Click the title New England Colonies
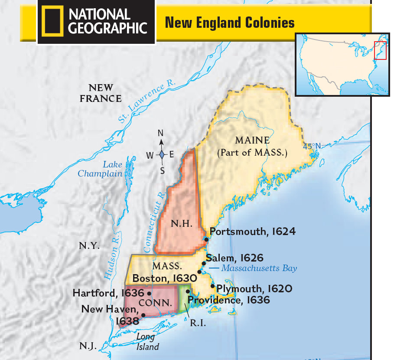[230, 22]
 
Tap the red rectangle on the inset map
[380, 50]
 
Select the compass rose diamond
[161, 155]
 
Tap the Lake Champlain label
[100, 169]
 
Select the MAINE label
[252, 141]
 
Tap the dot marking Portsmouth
[207, 239]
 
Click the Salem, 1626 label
[234, 258]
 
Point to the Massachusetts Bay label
[259, 268]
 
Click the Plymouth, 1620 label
[254, 288]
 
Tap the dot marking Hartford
[149, 293]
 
